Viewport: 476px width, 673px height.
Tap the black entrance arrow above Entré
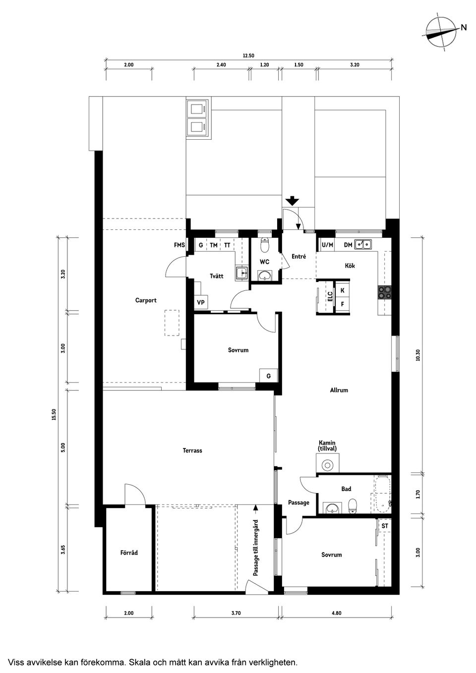[293, 201]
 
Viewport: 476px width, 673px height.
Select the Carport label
[146, 300]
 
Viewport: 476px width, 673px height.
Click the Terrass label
[192, 450]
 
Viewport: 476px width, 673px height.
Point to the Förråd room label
[129, 553]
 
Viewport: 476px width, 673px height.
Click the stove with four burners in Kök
[384, 292]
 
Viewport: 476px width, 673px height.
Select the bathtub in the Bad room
[383, 495]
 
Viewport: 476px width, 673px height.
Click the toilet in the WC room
[265, 244]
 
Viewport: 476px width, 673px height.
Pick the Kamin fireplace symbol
[327, 465]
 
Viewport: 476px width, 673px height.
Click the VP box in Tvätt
[201, 302]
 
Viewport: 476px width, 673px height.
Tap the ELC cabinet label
[330, 297]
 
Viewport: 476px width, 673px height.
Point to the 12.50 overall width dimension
[248, 56]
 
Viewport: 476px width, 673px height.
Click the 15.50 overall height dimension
[54, 414]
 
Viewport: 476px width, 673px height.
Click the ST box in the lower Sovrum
[385, 526]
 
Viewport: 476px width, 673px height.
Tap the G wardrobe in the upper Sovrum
[268, 376]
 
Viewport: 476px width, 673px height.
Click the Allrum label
[339, 390]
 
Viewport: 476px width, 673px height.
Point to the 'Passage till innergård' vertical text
[256, 548]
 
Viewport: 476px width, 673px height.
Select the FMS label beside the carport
[179, 245]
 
